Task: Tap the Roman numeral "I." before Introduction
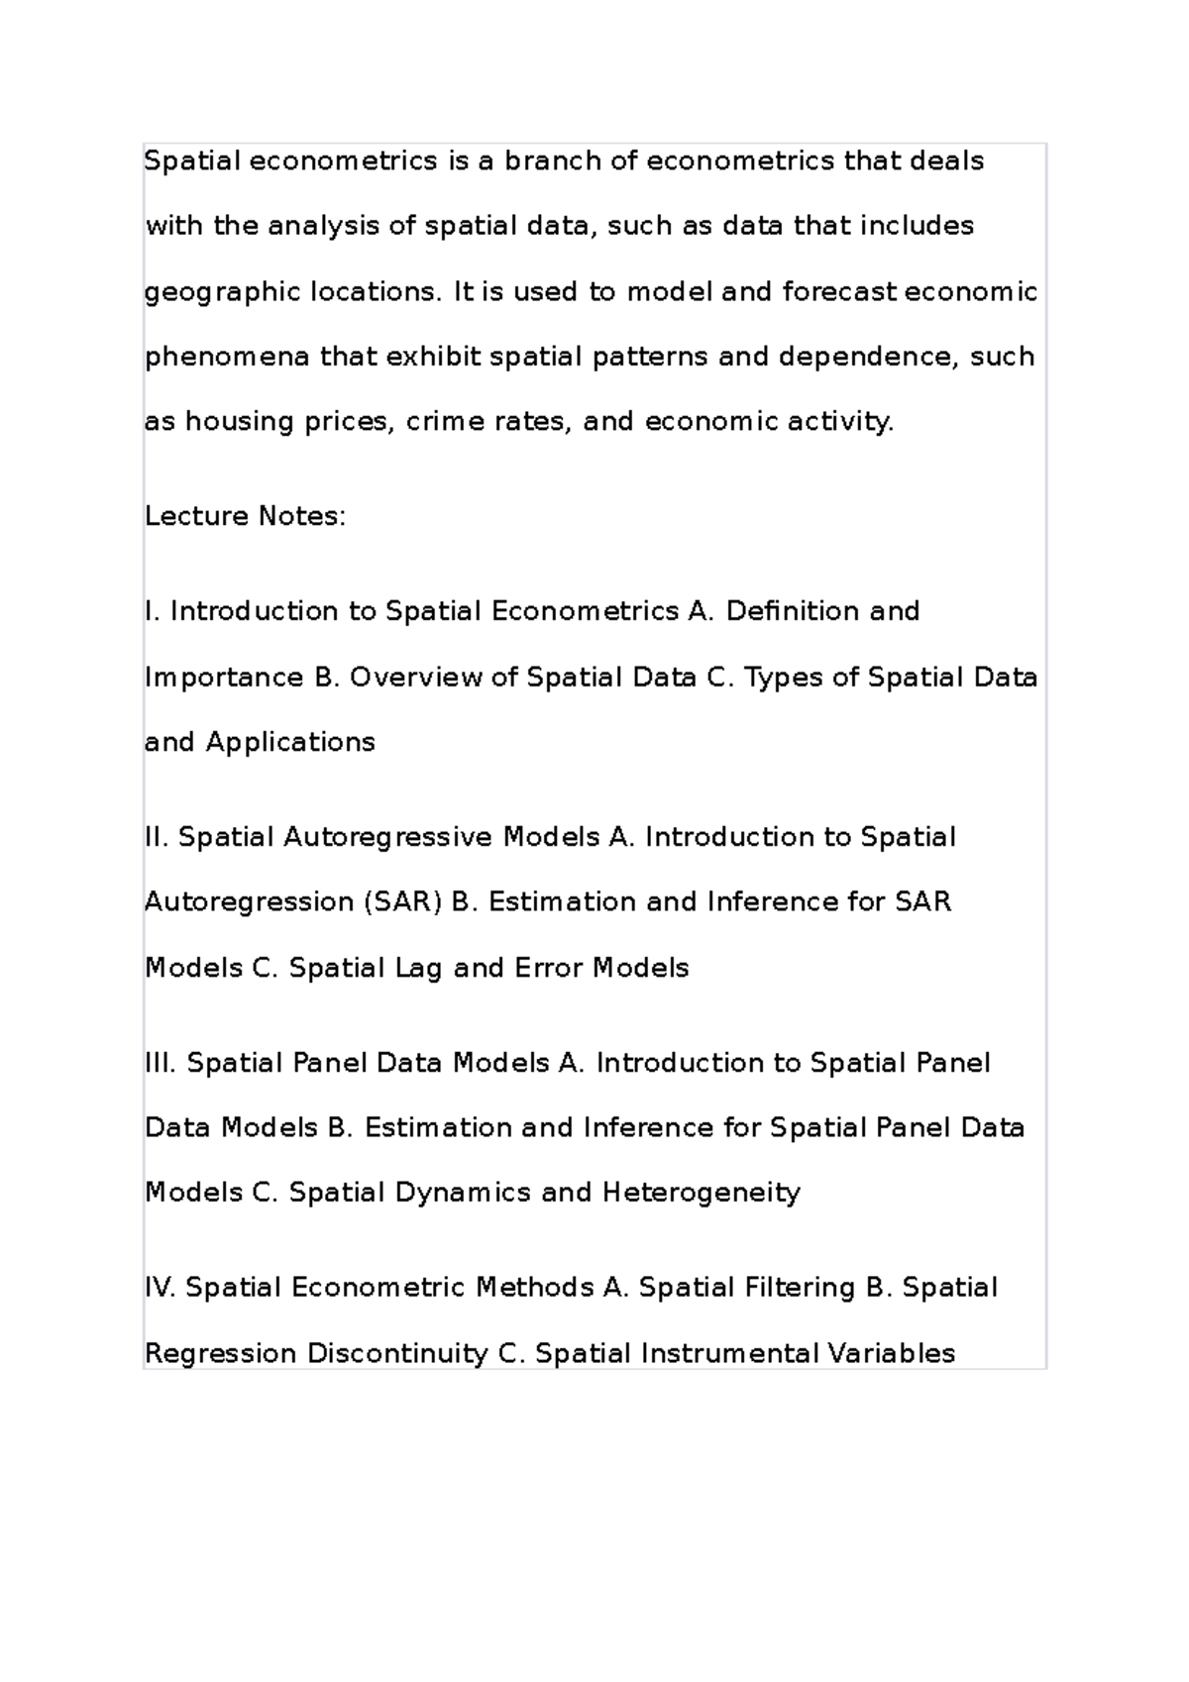click(x=153, y=611)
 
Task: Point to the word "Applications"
click(x=290, y=742)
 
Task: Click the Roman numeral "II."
click(x=157, y=837)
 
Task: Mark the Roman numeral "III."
click(x=161, y=1063)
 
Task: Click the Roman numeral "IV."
click(x=161, y=1288)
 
